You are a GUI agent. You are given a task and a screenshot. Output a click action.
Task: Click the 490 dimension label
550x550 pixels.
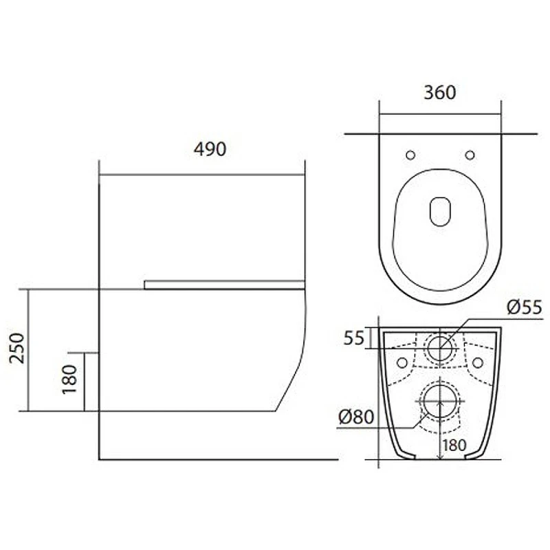coord(210,149)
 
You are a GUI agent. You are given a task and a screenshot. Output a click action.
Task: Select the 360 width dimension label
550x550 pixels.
coord(440,93)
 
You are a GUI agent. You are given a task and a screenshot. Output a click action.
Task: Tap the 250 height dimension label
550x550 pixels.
coord(17,348)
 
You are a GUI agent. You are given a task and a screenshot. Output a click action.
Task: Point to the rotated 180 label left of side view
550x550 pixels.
coord(69,379)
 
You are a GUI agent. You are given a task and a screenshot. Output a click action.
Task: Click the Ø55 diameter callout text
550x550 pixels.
coord(525,307)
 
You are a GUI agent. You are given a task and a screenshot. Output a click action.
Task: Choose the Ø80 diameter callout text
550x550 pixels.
coord(356,417)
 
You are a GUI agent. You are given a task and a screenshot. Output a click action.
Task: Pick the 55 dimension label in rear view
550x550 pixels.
coord(354,338)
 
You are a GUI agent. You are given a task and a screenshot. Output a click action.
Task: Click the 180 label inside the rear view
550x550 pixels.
coord(454,445)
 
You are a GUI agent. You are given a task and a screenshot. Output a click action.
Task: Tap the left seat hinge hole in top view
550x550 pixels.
coord(410,155)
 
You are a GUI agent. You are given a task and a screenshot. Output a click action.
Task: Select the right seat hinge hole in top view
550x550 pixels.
coord(470,155)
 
